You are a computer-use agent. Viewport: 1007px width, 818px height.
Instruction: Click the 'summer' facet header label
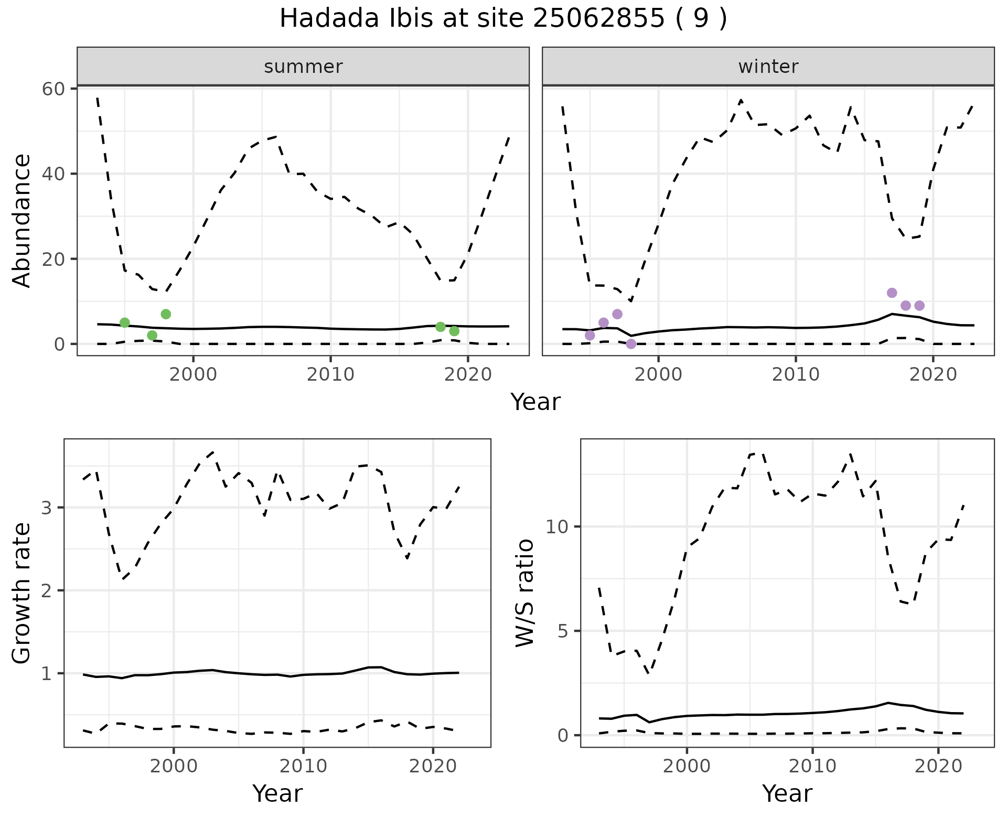click(303, 67)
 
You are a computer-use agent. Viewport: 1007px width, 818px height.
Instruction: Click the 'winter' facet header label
click(768, 67)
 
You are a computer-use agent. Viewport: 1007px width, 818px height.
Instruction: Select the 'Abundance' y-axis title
click(22, 221)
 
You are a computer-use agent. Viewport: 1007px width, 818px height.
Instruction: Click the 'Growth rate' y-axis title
click(22, 593)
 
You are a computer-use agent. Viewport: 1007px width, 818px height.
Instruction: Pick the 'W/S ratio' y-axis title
click(525, 593)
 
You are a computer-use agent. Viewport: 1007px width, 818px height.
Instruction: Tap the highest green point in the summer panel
click(166, 314)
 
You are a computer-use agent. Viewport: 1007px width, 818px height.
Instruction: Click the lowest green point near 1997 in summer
click(152, 336)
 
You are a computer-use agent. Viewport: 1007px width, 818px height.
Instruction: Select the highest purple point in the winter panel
click(892, 293)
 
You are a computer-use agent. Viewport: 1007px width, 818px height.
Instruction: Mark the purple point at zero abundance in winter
click(631, 344)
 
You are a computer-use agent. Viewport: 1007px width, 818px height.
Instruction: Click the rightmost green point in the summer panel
click(454, 331)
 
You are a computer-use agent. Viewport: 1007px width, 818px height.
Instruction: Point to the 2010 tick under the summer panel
click(330, 374)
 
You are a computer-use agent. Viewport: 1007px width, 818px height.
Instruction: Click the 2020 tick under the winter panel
click(933, 374)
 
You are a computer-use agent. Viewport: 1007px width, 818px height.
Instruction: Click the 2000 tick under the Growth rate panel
click(174, 766)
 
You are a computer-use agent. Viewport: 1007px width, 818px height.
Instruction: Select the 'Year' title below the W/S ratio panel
click(787, 794)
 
